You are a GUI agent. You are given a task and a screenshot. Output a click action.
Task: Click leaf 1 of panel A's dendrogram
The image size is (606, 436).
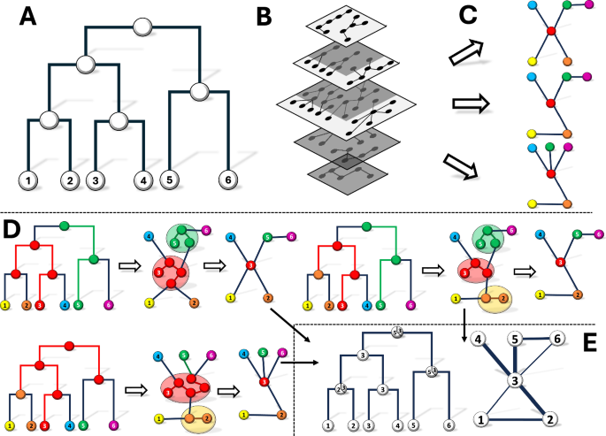tap(28, 181)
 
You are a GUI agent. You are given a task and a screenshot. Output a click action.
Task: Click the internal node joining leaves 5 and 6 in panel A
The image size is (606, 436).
tap(199, 89)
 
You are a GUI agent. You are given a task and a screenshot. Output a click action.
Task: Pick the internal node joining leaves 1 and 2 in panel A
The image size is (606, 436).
tap(50, 119)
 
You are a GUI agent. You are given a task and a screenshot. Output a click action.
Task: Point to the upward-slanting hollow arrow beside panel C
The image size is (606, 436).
tap(465, 51)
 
